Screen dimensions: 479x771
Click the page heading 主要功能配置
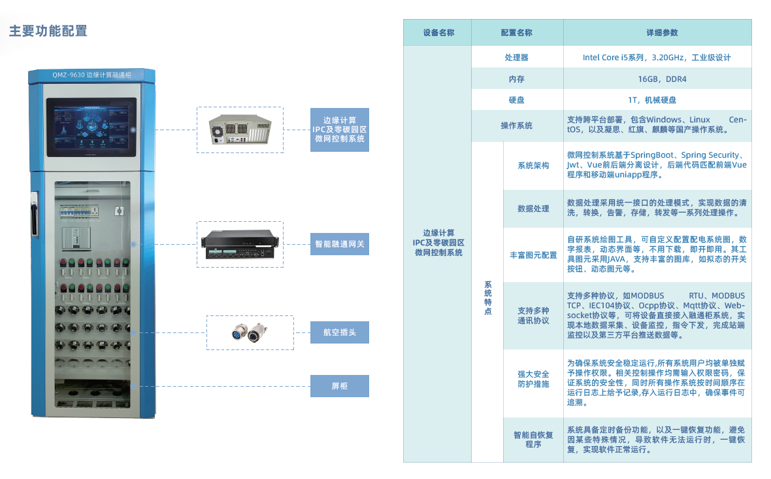click(x=48, y=31)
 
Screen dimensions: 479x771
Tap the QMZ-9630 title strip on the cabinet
click(x=91, y=75)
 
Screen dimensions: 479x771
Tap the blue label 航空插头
click(x=339, y=332)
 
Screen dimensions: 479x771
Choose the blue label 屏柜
click(x=339, y=386)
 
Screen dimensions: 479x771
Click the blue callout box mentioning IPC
click(x=339, y=130)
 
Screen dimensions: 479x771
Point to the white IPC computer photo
click(x=240, y=130)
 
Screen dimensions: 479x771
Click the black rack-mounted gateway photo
click(x=240, y=244)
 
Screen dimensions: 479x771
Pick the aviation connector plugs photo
click(x=250, y=332)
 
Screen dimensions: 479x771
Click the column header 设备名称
click(x=438, y=33)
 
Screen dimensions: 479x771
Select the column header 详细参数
click(x=657, y=33)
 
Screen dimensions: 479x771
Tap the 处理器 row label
click(x=516, y=58)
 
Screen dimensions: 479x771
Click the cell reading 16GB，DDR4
click(x=657, y=79)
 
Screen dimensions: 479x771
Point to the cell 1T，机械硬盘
click(x=657, y=100)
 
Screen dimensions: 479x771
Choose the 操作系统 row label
click(x=516, y=126)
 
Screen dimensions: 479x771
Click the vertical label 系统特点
click(x=487, y=298)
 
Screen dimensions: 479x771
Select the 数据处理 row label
click(x=533, y=209)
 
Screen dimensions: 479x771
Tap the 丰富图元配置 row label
click(x=533, y=255)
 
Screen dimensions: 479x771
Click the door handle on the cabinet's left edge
click(x=33, y=213)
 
